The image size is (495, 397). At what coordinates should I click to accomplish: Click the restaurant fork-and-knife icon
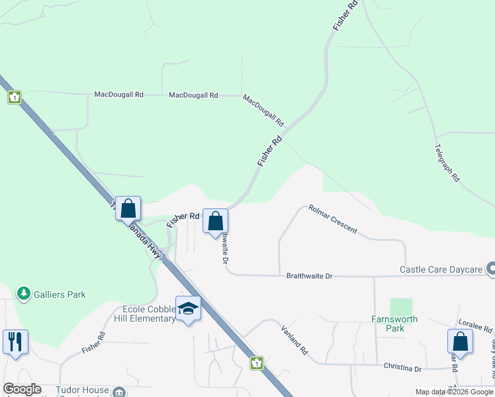pos(15,342)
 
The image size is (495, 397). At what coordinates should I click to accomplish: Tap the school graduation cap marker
pos(189,308)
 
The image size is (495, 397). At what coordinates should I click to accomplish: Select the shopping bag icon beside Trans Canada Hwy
pos(128,208)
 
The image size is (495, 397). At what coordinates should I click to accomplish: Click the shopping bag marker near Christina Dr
pos(460,342)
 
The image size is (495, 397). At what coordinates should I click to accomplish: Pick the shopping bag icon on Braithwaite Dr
pos(215,222)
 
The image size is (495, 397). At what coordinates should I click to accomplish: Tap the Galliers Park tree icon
pos(24,293)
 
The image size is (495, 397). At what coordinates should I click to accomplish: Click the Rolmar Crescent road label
pos(333,219)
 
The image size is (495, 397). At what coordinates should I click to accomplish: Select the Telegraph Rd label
pos(447,163)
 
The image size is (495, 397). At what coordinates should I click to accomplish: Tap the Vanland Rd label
pos(294,339)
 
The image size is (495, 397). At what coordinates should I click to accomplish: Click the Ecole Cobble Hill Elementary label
pos(150,314)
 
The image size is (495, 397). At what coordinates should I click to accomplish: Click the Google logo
pos(22,389)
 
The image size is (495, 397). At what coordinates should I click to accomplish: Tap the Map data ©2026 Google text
pos(453,392)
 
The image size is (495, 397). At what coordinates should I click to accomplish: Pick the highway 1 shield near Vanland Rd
pos(257,363)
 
